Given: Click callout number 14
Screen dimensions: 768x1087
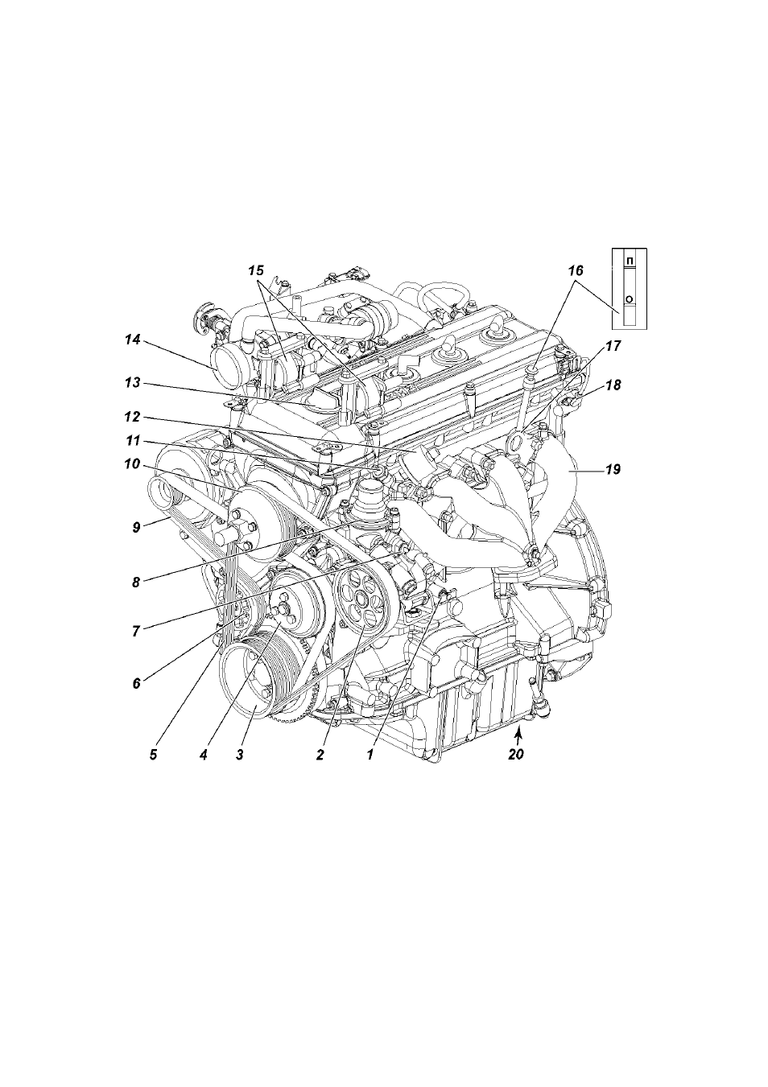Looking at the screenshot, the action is (x=132, y=340).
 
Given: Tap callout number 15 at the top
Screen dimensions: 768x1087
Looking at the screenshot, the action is (x=257, y=270).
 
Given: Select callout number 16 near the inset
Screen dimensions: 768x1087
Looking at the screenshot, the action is (x=576, y=270).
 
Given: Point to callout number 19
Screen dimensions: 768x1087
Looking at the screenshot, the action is (x=613, y=469).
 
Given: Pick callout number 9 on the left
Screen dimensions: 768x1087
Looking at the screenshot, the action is (x=136, y=527).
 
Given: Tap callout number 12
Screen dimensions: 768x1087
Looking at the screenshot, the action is (x=132, y=417).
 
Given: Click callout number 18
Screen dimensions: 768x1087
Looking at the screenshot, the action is (x=613, y=385).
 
